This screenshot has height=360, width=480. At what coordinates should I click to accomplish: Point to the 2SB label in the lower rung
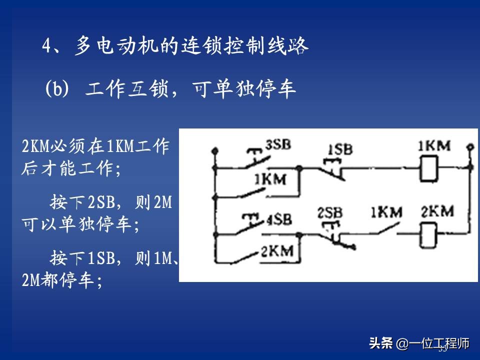coord(330,212)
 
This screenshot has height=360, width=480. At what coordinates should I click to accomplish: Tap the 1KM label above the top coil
coord(433,146)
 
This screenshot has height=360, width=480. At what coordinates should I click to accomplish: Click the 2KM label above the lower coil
coord(437,211)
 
